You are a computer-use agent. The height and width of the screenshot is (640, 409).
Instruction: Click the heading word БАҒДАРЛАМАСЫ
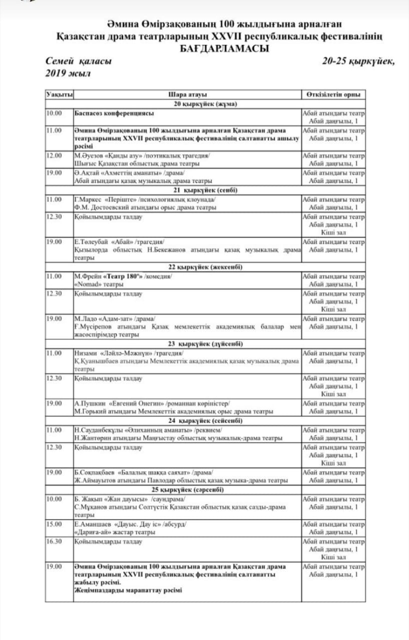pos(224,48)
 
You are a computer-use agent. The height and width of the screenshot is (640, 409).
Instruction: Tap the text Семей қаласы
pos(78,61)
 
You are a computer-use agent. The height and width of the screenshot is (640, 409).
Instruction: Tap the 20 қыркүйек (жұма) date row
pos(205,104)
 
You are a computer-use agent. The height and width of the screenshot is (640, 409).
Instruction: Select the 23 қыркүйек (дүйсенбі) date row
pos(205,344)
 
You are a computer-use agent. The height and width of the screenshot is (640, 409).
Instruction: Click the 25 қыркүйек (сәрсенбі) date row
pos(205,489)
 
